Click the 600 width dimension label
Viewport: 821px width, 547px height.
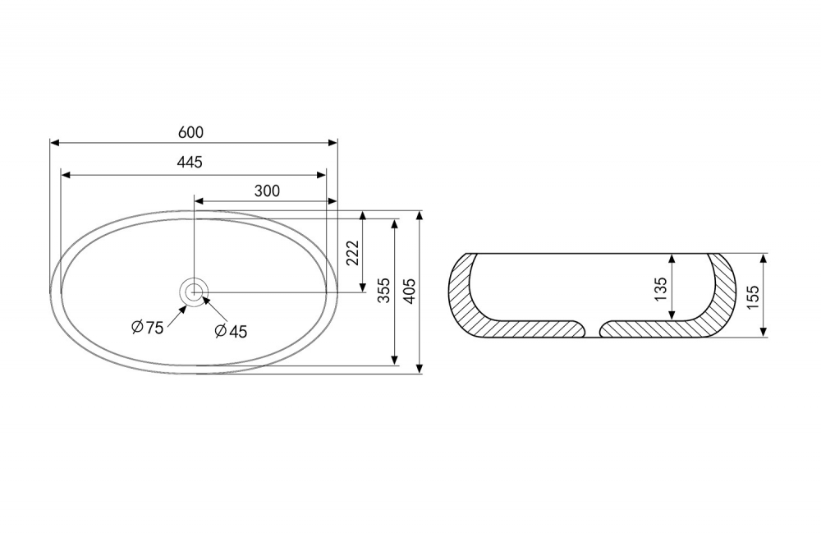pyautogui.click(x=190, y=132)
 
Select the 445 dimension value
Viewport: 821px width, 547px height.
pyautogui.click(x=190, y=163)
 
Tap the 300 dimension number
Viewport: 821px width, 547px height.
pyautogui.click(x=267, y=191)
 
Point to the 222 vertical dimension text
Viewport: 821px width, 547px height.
pyautogui.click(x=353, y=253)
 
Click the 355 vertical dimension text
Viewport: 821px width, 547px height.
pyautogui.click(x=384, y=290)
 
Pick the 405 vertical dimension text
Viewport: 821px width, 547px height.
pyautogui.click(x=410, y=291)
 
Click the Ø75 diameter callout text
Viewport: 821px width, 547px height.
pyautogui.click(x=147, y=328)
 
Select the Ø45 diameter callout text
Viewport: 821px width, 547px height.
pyautogui.click(x=231, y=331)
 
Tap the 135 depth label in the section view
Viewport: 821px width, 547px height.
pyautogui.click(x=660, y=289)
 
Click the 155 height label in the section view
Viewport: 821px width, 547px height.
pyautogui.click(x=752, y=296)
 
